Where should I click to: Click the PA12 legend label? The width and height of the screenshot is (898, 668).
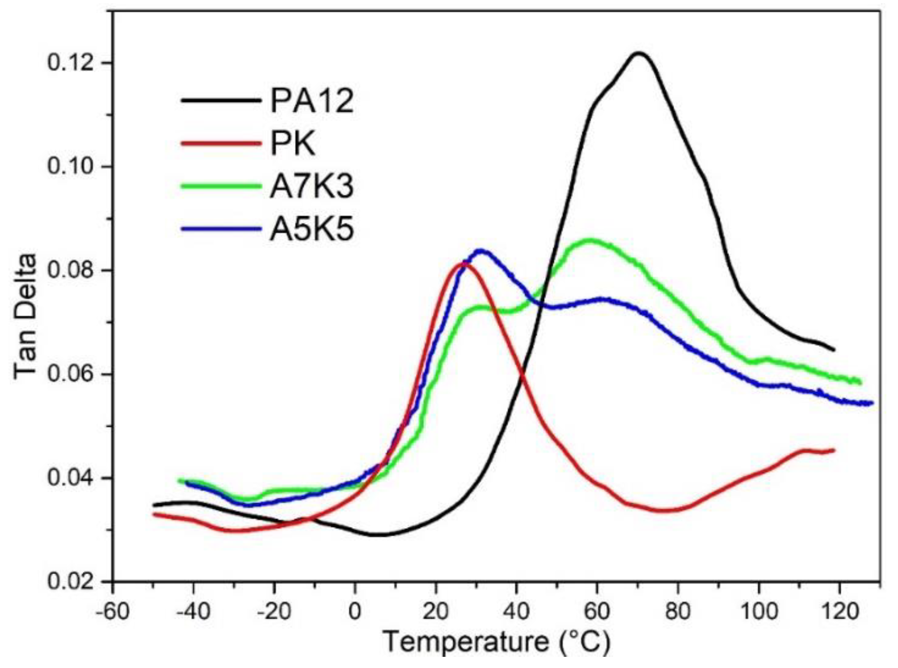312,101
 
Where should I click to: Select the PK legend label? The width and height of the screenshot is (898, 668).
293,143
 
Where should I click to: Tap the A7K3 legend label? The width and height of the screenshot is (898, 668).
312,186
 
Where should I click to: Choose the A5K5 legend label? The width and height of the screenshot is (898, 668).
312,229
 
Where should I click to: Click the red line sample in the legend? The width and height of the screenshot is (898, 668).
221,143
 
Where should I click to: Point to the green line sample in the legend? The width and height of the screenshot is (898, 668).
221,186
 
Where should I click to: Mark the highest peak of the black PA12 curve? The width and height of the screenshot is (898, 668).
639,53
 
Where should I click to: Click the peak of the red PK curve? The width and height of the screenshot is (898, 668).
464,264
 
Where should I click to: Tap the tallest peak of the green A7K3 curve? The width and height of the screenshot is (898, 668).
590,240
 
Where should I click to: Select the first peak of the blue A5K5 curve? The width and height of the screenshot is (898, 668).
481,251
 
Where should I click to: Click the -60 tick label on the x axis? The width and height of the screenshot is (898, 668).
113,611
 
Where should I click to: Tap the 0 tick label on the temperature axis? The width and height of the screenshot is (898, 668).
355,611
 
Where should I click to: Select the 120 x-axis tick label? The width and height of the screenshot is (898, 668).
839,611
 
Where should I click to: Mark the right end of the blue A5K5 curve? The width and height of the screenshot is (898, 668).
872,403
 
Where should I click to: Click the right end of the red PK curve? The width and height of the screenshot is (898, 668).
834,450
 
